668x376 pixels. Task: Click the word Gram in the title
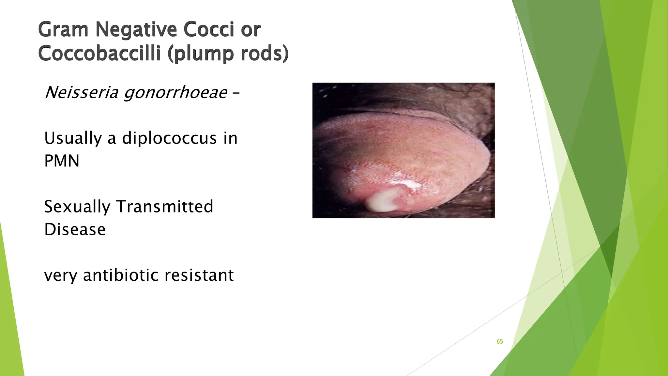[63, 30]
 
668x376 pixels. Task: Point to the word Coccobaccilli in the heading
[99, 54]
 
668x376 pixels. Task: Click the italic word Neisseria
[81, 92]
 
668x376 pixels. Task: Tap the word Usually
[73, 138]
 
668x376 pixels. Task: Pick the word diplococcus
[169, 138]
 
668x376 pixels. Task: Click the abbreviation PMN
[62, 161]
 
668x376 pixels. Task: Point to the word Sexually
[77, 207]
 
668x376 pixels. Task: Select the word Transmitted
[165, 207]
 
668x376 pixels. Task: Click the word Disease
[75, 229]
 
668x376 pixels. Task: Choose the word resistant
[199, 275]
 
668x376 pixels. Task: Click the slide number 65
[500, 342]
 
